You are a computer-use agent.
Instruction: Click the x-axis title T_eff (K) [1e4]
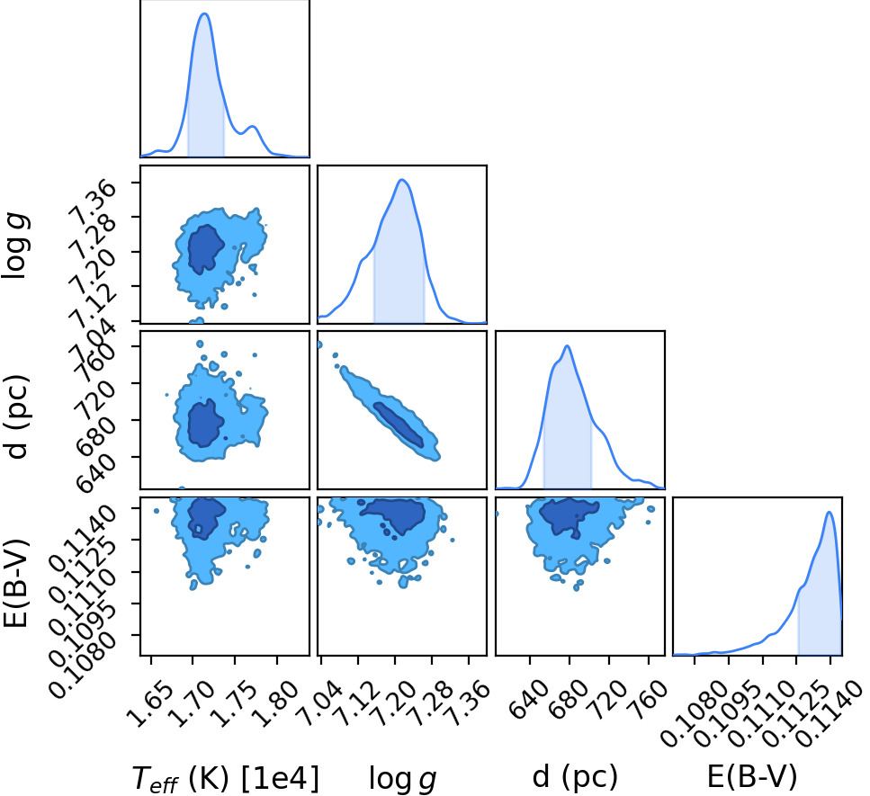(x=226, y=777)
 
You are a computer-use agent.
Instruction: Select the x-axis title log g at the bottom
(x=403, y=778)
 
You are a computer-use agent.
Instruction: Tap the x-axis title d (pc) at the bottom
(x=575, y=776)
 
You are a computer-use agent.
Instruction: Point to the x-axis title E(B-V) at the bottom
(x=752, y=776)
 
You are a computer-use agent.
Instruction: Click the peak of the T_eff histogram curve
(x=204, y=13)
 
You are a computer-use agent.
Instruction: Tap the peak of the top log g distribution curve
(x=402, y=180)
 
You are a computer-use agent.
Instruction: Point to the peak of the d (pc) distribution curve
(x=567, y=346)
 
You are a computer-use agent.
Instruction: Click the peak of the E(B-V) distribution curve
(x=830, y=512)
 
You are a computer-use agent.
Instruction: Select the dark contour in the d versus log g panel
(x=399, y=425)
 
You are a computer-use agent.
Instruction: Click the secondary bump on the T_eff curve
(x=253, y=127)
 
